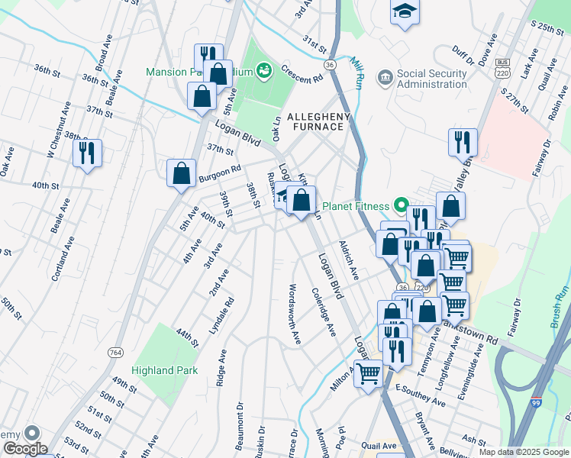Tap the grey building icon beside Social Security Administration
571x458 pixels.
384,77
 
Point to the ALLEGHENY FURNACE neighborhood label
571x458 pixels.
318,122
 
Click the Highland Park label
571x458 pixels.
163,371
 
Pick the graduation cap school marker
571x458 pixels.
405,12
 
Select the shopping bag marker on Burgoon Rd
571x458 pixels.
182,173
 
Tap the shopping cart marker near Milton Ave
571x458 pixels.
369,374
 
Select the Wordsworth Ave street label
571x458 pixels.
291,314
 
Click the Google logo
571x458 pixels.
24,449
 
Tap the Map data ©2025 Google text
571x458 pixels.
524,452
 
